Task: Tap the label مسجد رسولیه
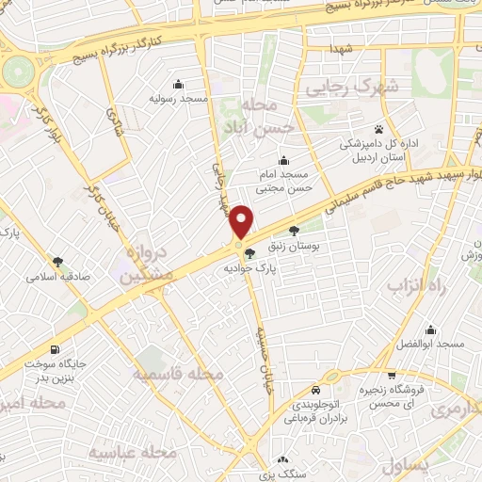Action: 178,98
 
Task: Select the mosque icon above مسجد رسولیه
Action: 178,83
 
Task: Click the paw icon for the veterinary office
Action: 379,128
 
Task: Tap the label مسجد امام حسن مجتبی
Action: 284,183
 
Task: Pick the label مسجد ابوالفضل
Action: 431,345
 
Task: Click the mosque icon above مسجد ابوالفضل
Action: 431,329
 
